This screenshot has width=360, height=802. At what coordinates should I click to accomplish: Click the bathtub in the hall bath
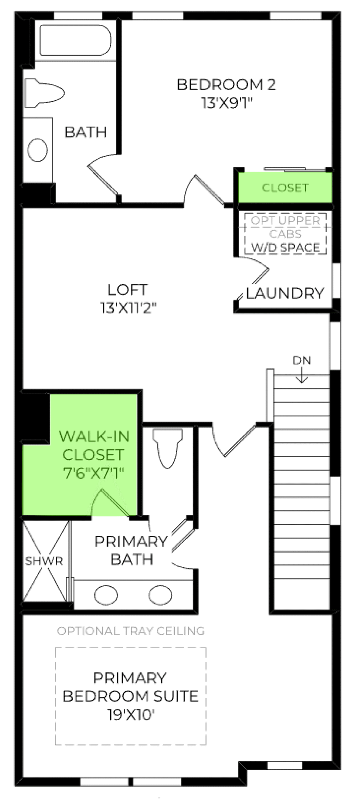coord(76,40)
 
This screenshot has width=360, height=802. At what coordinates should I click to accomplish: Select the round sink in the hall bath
coord(38,150)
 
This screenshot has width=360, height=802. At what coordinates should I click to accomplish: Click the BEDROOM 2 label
coord(226,85)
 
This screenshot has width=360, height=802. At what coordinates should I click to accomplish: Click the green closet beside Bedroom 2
coord(285,187)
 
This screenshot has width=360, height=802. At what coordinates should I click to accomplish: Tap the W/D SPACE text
coord(285,247)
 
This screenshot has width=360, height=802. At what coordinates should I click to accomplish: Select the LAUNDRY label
coord(284,293)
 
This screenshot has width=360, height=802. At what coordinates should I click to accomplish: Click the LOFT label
coord(127,290)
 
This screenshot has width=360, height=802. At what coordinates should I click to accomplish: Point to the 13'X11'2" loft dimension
coord(128,308)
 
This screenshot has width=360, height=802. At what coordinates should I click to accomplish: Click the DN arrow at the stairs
coord(302,375)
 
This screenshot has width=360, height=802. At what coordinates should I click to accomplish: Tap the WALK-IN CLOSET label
coord(94,445)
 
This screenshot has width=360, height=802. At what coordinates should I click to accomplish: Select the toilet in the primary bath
coord(168,448)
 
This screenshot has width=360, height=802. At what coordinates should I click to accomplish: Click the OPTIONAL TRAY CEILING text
coord(131,631)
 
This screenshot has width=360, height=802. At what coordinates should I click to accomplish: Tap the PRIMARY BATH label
coord(131,550)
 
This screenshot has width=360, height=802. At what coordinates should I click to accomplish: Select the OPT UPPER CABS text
coord(285,227)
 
